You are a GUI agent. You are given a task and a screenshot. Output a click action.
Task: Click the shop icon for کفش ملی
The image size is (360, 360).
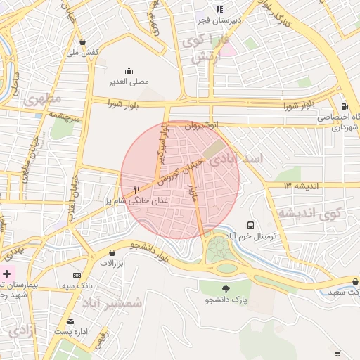84,41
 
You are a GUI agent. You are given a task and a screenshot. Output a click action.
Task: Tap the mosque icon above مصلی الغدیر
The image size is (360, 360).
129,70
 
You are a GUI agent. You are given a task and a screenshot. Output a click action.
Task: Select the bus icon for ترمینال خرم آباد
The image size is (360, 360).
251,225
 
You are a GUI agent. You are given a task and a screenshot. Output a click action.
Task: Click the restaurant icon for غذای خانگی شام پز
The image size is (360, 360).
136,190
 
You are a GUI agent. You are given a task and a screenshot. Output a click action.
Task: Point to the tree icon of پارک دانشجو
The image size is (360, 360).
226,289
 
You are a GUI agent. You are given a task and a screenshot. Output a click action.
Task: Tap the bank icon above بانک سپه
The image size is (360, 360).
77,275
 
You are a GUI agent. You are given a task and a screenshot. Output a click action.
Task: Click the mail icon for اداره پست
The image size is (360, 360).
70,321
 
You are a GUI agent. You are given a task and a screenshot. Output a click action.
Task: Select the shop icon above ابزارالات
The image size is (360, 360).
112,252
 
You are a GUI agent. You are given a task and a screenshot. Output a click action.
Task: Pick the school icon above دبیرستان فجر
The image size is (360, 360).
219,9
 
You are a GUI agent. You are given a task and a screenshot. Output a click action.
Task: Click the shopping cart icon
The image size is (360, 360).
337,353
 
